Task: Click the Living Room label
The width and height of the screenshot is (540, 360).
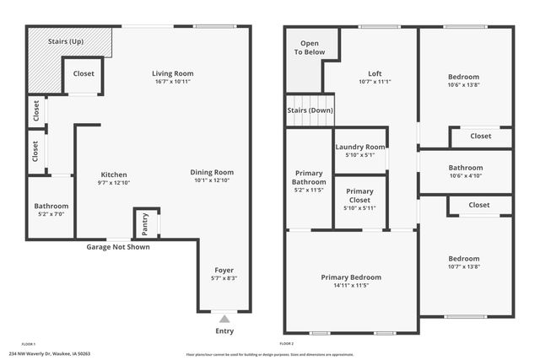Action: pos(172,73)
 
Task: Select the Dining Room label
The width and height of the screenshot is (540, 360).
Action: pos(212,172)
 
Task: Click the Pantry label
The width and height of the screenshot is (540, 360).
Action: pos(145,223)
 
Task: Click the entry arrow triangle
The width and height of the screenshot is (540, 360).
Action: pos(224,319)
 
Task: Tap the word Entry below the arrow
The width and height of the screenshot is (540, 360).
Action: pos(224,330)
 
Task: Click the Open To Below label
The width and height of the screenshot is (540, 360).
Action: pos(310,47)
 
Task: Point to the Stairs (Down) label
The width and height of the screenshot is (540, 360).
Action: pos(309,110)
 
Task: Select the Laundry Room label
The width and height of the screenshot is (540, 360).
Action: pos(360,147)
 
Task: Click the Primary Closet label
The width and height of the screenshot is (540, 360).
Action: pos(359,196)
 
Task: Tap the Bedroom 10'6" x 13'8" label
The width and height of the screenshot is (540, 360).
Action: pos(463,77)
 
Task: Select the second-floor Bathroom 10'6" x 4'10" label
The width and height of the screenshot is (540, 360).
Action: pos(465,168)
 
